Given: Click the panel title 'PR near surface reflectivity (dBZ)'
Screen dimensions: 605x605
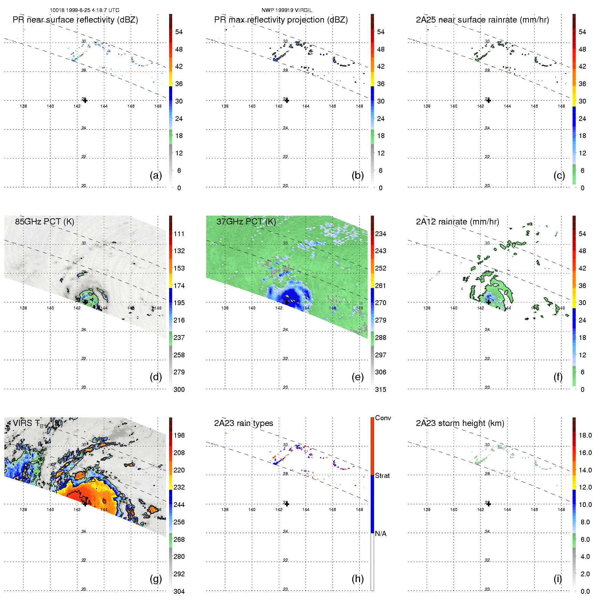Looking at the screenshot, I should pos(75,20).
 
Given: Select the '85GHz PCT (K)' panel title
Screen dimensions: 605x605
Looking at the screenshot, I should pos(44,222).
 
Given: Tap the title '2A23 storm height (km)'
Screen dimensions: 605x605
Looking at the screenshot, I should pos(460,423).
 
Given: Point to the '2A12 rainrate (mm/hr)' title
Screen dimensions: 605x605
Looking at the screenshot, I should pos(457,222).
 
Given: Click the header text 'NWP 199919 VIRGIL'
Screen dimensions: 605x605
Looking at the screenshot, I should pos(287,10).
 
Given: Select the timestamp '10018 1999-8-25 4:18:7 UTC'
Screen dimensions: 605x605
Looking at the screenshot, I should pos(84,10).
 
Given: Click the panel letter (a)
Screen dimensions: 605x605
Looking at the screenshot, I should pos(156,176).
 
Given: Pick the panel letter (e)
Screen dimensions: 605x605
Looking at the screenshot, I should pos(358,377).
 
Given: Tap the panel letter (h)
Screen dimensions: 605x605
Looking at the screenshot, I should pos(358,579).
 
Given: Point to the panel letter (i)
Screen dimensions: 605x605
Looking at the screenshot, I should pos(558,579).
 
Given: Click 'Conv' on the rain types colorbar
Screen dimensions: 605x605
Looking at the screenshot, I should pos(383,418).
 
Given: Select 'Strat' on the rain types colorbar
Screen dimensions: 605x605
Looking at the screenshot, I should pos(382,476).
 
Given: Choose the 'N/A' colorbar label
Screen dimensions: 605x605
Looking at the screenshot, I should pos(381,534).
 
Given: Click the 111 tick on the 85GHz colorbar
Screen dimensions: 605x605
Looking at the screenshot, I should pos(179,234).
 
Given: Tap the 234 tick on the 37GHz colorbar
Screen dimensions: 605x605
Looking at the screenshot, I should pos(381,234).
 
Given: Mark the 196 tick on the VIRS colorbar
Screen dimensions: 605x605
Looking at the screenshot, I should pos(179,436).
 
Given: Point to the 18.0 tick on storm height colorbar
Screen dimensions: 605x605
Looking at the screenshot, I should pos(585,436).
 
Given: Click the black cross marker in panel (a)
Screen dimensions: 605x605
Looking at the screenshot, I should pos(85,100).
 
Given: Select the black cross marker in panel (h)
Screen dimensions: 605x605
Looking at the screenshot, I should pos(287,504).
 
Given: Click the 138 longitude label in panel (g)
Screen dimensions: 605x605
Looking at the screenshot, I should pos(23,510).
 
